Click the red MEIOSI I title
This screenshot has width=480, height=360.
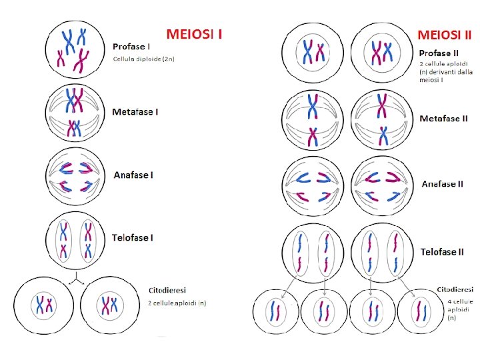(194, 33)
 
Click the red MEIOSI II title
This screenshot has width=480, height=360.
(445, 33)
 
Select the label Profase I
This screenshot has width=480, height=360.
(131, 47)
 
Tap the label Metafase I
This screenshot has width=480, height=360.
(135, 112)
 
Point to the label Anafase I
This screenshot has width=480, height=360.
(133, 175)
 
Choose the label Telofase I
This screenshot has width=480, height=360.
(133, 238)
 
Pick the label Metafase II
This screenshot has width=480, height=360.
(444, 119)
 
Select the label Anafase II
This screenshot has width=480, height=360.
(443, 184)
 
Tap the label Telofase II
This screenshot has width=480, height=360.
(443, 252)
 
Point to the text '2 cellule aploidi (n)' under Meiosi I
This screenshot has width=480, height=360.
(177, 303)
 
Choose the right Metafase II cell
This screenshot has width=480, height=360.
(382, 119)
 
